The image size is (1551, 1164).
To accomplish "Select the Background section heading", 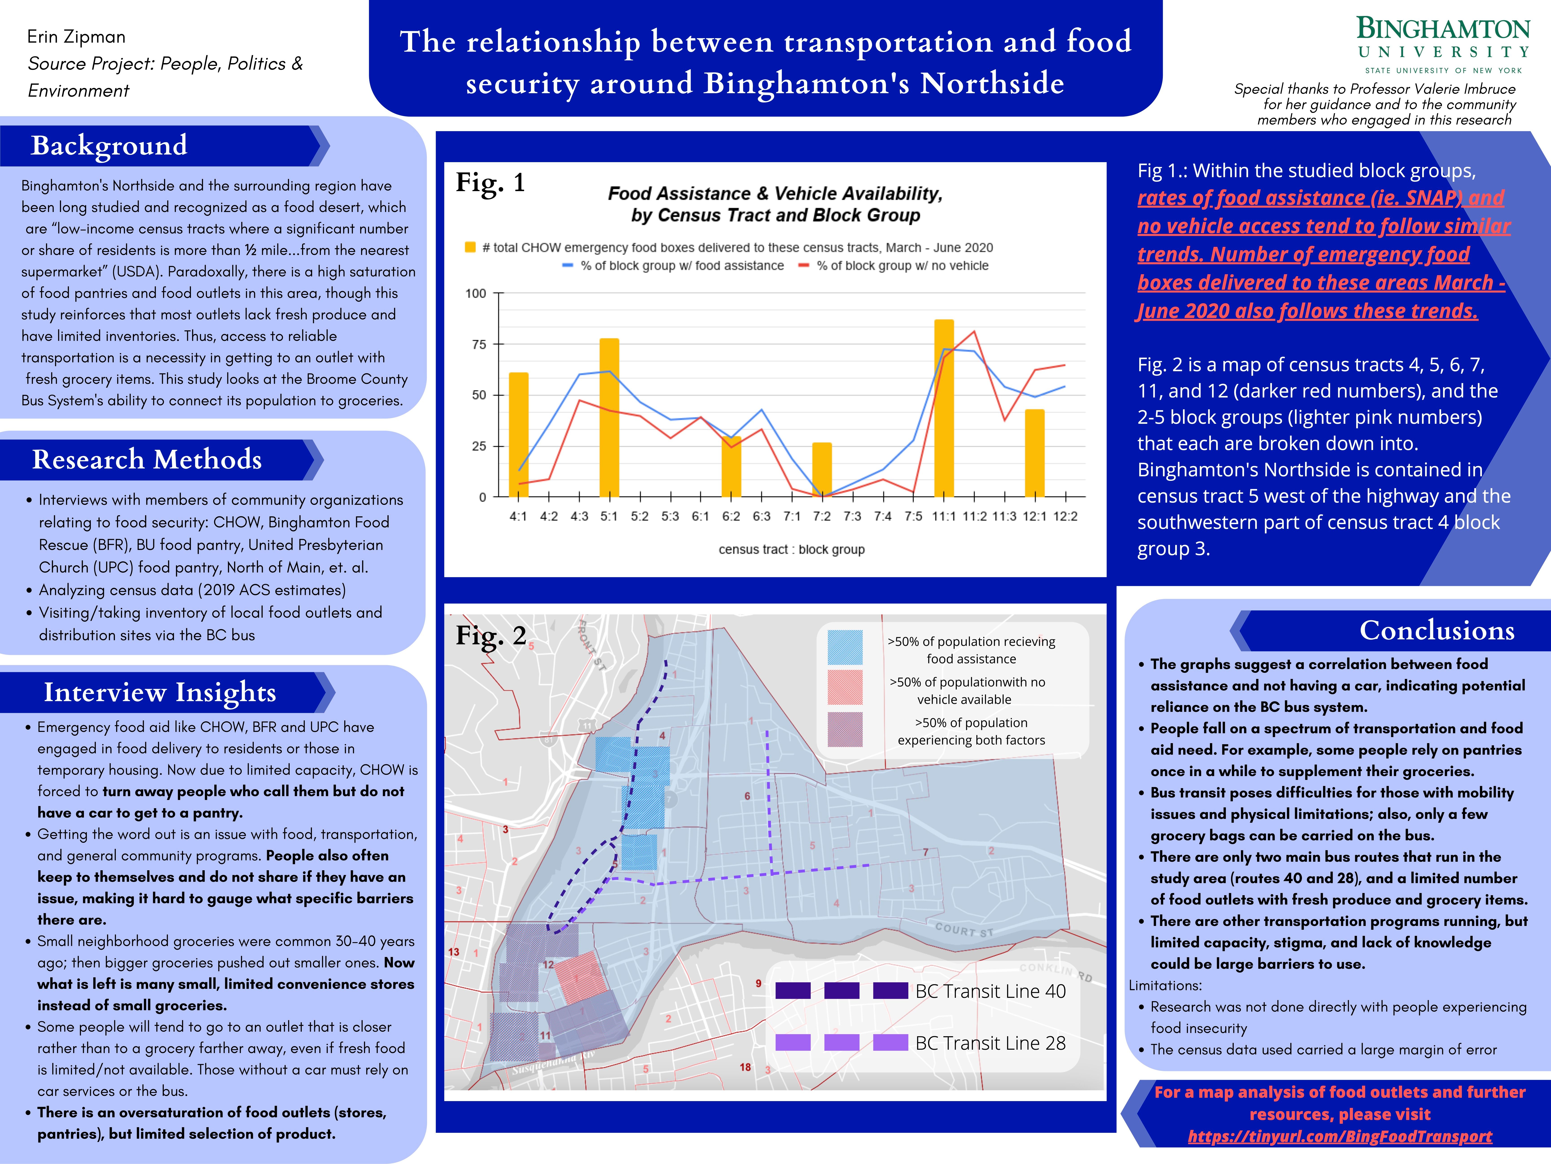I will (109, 145).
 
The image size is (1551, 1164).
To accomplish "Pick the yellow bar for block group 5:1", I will (609, 417).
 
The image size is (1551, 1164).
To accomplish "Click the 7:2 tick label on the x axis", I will (822, 516).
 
